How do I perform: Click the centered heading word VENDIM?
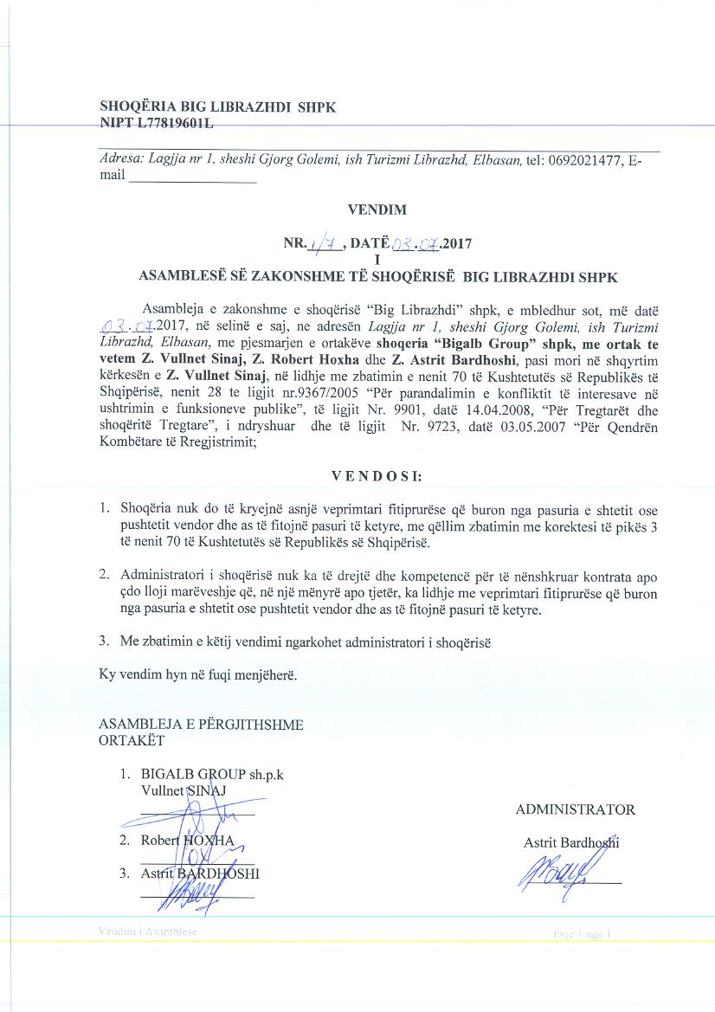coord(376,209)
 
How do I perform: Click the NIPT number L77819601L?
coord(173,124)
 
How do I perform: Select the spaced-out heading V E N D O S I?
coord(377,476)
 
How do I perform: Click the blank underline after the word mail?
coord(191,181)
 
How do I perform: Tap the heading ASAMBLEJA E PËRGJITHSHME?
coord(201,725)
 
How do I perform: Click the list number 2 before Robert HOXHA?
coord(126,840)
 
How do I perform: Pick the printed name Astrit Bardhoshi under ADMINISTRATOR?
coord(571,842)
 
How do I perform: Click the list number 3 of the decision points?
coord(103,641)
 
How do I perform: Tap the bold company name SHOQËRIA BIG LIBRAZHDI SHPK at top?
coord(217,108)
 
